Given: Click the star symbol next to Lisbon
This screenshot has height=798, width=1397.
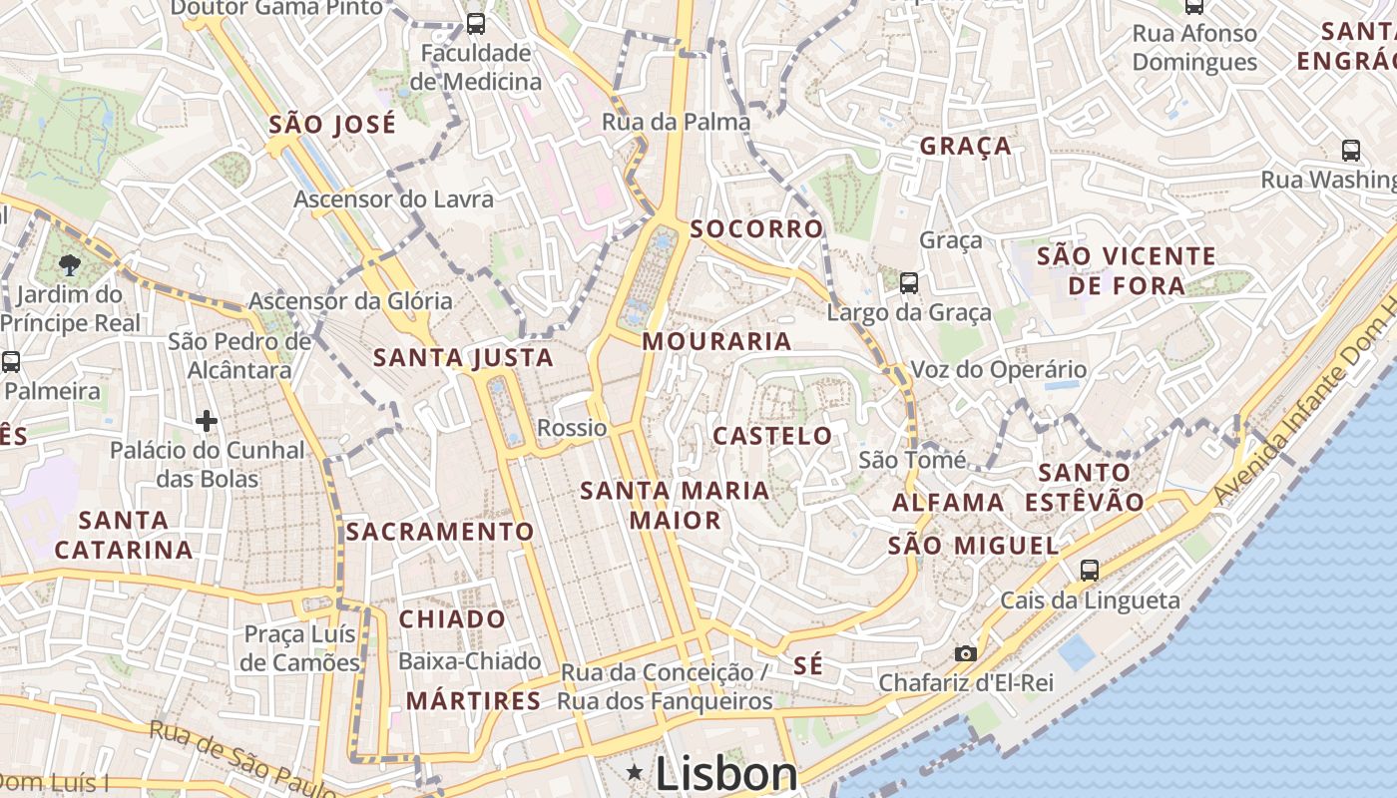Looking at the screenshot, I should (x=635, y=771).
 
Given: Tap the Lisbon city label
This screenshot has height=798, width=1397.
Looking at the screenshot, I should (x=725, y=774).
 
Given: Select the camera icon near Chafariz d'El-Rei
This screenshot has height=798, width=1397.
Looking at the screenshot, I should (x=965, y=653).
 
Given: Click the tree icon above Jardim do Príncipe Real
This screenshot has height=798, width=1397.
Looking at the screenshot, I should (x=70, y=264).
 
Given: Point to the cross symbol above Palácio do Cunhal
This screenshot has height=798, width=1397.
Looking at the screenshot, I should (x=207, y=421).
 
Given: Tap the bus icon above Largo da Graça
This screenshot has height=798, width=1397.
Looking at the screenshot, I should (x=908, y=282).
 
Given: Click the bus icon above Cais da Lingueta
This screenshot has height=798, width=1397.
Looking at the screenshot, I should (x=1089, y=571).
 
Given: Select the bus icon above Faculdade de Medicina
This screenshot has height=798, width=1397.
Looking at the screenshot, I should (x=476, y=23).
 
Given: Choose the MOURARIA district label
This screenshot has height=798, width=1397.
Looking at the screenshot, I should (x=716, y=341).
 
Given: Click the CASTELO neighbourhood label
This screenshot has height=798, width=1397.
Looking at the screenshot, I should (x=772, y=435).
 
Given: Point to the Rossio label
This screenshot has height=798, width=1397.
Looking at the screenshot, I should (x=572, y=428).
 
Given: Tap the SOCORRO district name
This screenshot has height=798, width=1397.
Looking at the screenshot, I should (x=756, y=228).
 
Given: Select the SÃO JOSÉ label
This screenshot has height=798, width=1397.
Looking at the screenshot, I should (x=332, y=125).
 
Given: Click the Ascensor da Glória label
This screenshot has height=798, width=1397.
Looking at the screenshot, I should (x=350, y=301).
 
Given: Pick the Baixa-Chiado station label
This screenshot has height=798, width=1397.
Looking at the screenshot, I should (x=469, y=660).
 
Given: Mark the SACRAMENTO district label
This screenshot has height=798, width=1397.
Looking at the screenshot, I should (x=440, y=532).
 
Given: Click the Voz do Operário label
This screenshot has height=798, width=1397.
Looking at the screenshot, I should (x=998, y=370).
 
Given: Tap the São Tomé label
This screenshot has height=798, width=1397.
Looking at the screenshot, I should (x=912, y=460).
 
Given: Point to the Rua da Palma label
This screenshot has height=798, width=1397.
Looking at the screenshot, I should (x=676, y=122).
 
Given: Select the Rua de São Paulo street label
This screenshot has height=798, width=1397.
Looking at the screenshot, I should (x=241, y=759).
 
